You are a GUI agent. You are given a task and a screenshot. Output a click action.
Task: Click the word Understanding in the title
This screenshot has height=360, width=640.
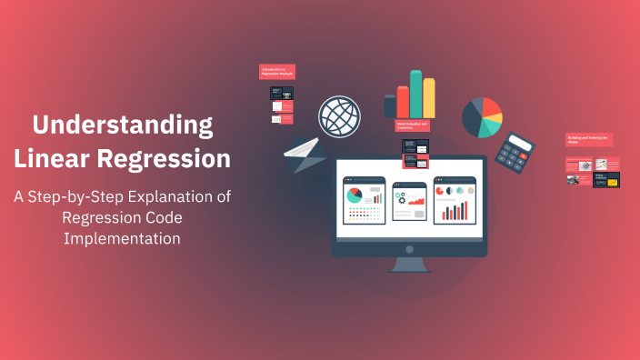coord(123,125)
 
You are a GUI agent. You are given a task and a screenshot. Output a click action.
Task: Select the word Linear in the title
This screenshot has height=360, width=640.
coord(59,159)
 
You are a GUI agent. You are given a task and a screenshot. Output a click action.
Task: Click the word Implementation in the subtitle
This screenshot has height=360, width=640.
coord(123,238)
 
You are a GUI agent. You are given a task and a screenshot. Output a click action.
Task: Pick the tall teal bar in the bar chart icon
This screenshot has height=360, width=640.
coord(415,95)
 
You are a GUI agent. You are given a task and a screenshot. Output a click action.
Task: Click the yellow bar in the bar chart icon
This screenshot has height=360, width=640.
coord(428,98)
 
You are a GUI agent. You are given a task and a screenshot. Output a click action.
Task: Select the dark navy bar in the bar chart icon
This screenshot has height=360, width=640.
coord(390,107)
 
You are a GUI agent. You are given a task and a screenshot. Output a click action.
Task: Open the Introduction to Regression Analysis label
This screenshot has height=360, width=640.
coord(277,72)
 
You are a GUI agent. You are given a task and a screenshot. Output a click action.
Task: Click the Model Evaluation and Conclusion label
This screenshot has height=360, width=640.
coord(413,126)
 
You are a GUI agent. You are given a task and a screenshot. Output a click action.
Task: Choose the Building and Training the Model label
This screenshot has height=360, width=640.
coord(588,140)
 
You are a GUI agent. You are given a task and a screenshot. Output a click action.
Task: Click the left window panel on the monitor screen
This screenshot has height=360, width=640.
coord(364,200)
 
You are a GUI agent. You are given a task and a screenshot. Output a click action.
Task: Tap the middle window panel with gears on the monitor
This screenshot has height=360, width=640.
coord(409,200)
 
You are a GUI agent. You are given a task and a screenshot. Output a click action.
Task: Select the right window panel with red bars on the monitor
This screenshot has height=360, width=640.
coord(455,200)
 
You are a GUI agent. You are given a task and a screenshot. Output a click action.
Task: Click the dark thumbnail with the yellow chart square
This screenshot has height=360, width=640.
coord(606,180)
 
